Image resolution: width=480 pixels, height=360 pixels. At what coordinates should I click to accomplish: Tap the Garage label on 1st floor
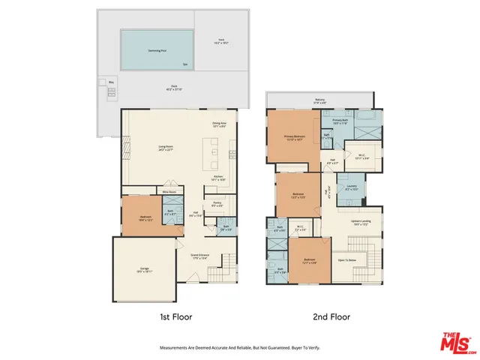[145, 268]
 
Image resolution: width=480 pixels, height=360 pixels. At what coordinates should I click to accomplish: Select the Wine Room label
[170, 193]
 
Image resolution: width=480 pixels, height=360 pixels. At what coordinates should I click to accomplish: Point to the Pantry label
[217, 203]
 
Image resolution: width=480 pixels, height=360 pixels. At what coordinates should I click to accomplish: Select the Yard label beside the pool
[221, 40]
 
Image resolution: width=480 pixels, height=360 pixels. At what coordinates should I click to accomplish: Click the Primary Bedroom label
[293, 136]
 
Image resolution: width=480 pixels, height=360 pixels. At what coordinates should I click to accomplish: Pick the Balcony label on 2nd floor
[319, 100]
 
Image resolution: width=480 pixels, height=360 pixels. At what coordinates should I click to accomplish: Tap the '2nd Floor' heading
[331, 316]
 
